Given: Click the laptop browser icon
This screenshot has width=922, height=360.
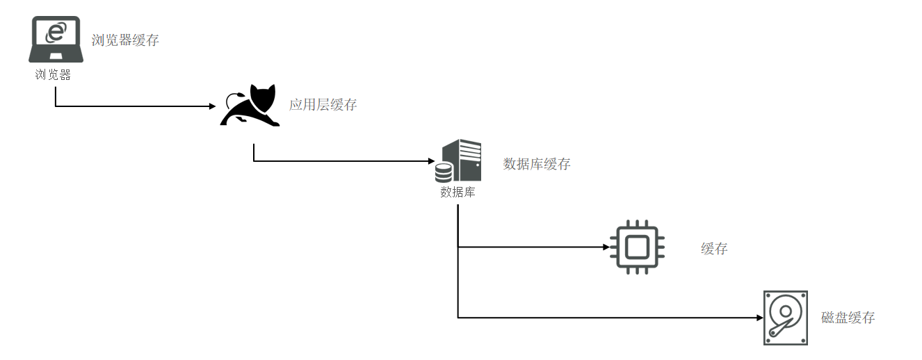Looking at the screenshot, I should pos(56,40).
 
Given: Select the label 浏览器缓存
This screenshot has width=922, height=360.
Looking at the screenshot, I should pos(125,40).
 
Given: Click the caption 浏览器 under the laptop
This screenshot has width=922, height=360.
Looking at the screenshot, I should pos(54,74).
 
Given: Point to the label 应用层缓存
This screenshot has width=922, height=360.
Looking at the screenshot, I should pos(323,105).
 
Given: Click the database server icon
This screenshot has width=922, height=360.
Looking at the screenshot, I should pos(459,160).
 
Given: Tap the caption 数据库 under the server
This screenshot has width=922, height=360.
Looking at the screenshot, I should pos(458,193).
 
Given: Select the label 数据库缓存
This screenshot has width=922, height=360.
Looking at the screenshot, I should pos(536,164).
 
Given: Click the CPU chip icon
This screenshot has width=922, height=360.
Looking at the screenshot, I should pos(637,247).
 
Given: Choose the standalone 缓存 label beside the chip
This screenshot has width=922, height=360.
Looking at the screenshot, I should pos(714,248).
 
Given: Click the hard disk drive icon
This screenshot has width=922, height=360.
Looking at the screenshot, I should pos(785,318).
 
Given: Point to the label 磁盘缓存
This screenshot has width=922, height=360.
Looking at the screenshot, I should pos(848,318).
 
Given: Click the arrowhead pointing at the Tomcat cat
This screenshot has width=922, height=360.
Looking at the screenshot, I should pos(212,106).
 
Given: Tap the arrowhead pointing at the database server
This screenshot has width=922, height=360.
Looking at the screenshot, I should pos(431,161).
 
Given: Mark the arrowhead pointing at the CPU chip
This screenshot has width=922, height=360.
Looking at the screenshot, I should pos(605,247).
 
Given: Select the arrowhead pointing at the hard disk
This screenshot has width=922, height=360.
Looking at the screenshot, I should pos(759,318).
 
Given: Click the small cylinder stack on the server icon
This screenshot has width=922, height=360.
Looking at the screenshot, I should pos(444,171).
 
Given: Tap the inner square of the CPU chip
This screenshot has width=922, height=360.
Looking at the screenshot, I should pos(637,247).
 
